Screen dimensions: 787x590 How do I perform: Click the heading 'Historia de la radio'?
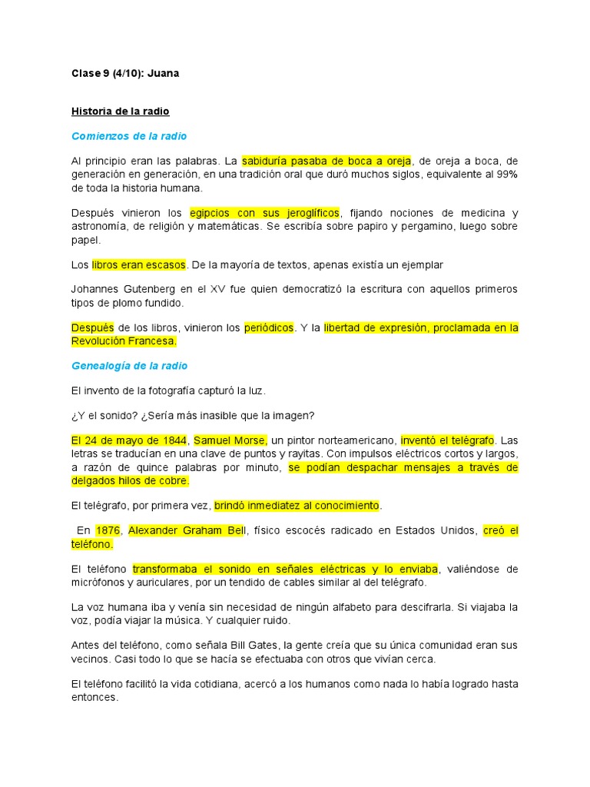point(121,111)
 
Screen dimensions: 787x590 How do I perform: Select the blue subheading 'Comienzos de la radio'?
point(129,136)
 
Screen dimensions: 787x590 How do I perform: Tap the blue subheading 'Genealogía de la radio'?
point(129,366)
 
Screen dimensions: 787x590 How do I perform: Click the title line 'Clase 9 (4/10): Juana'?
point(125,74)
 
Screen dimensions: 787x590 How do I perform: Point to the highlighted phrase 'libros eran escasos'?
point(139,264)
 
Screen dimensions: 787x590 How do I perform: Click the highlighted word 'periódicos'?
point(269,327)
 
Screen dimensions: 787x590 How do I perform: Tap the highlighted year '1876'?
point(108,530)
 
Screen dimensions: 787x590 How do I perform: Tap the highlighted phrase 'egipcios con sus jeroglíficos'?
point(265,213)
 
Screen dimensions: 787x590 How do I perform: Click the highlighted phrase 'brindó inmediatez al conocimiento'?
point(297,506)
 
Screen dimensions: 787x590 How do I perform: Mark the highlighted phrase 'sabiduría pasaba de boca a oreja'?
point(326,161)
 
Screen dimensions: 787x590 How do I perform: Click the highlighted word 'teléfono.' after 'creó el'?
point(92,544)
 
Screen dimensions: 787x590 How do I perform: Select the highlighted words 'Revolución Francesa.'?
point(124,341)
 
